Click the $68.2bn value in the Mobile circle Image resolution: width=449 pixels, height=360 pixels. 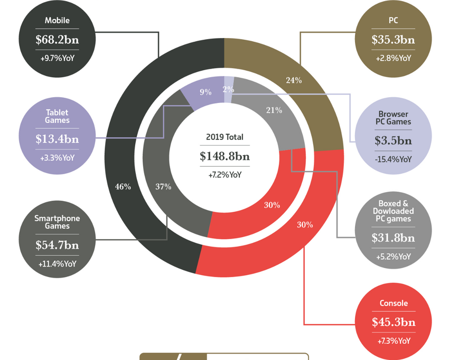[x=57, y=40]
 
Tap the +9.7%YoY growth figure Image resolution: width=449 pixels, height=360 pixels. [x=57, y=58]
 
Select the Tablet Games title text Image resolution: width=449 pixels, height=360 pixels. [x=57, y=117]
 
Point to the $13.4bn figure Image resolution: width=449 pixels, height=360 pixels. [x=57, y=139]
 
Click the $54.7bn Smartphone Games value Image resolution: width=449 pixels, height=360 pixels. [x=57, y=245]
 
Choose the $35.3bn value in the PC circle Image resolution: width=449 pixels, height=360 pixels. [x=393, y=40]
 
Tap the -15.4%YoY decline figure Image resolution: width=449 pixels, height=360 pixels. [x=393, y=159]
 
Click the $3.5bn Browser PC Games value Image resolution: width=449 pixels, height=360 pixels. [x=393, y=140]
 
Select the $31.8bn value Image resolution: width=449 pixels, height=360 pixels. [x=393, y=238]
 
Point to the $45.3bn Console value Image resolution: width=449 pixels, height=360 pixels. [x=393, y=322]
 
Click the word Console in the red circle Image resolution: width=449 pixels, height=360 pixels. [x=393, y=304]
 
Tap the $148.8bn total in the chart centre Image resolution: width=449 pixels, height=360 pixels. [x=224, y=156]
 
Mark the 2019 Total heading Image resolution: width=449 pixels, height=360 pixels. [x=224, y=137]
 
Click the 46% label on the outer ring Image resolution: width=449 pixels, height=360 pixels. [x=123, y=186]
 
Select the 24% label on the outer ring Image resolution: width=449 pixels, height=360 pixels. [x=294, y=80]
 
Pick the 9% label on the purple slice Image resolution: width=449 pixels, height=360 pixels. [x=205, y=92]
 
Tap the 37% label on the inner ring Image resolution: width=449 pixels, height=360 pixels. [x=163, y=186]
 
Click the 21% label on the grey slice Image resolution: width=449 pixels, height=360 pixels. [x=274, y=110]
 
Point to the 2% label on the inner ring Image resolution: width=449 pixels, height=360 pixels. [x=228, y=90]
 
